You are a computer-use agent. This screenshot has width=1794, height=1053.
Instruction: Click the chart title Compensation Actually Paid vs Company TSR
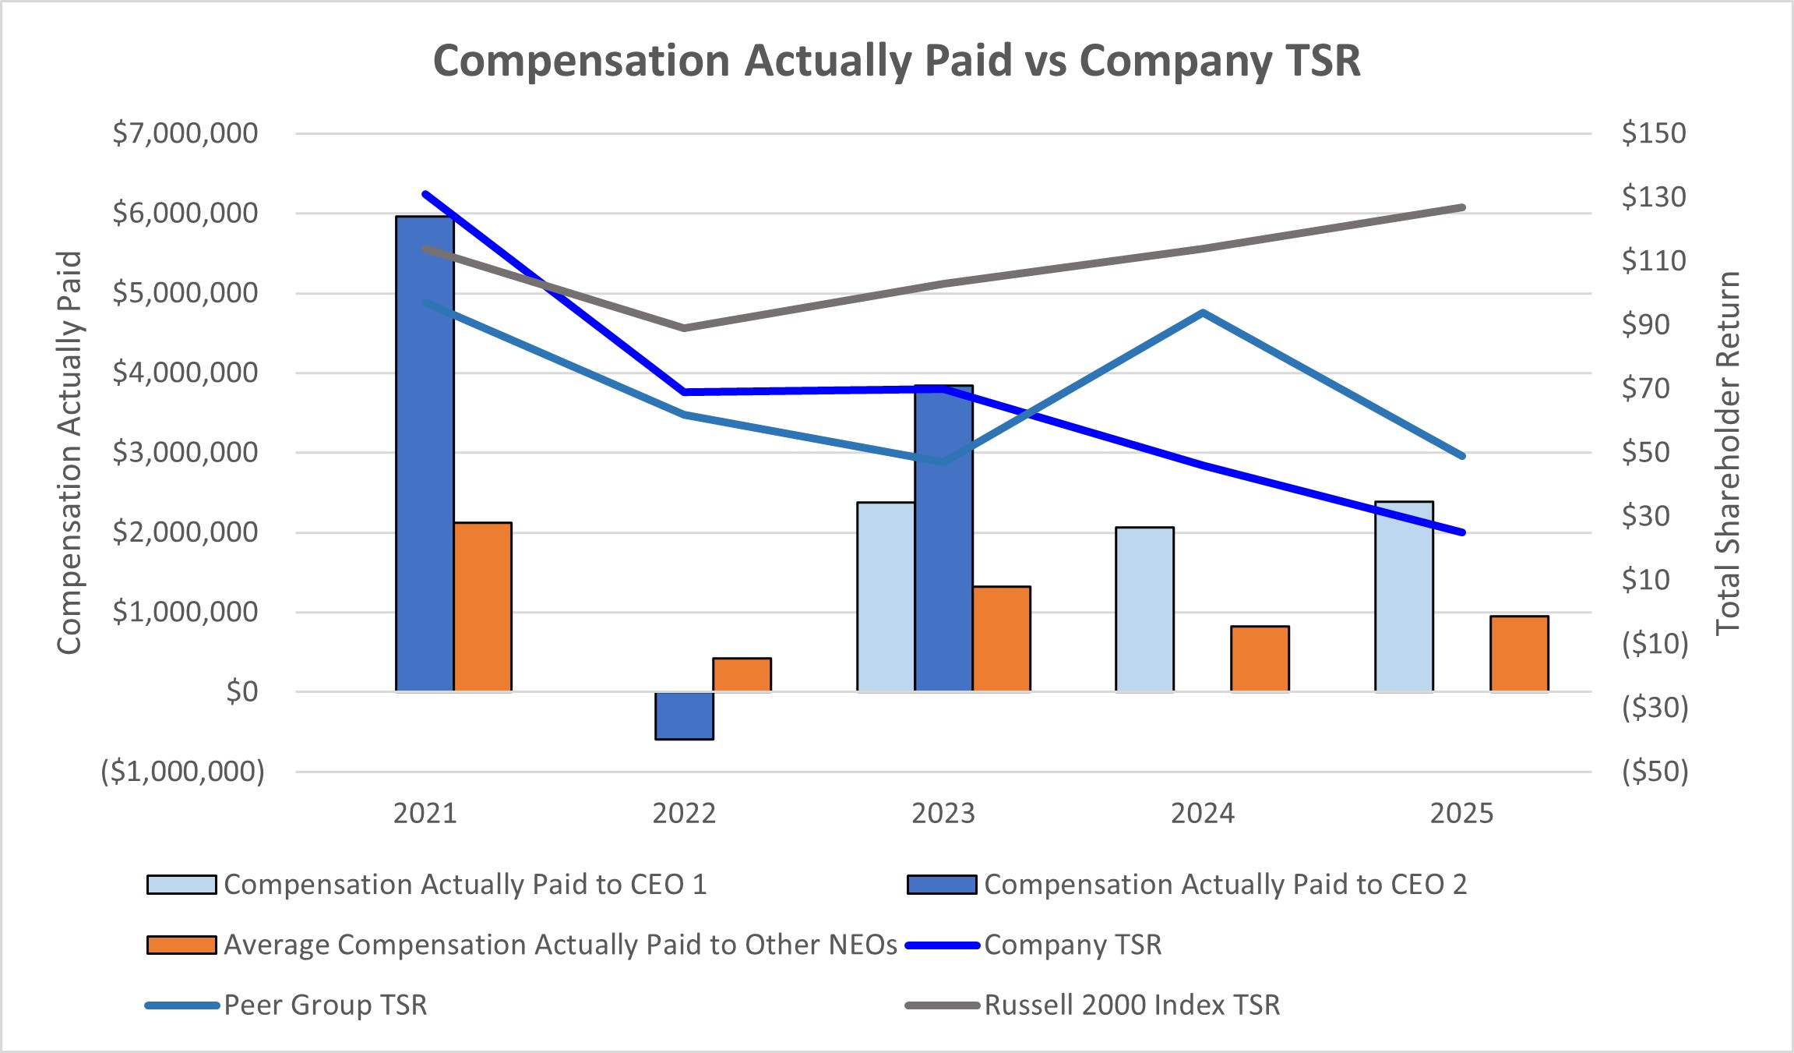click(897, 61)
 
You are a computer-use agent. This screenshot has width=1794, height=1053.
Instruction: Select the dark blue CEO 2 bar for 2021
click(425, 452)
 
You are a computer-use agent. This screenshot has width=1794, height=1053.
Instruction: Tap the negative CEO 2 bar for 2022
click(684, 716)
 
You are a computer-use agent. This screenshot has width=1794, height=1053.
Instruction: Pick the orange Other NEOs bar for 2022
click(742, 675)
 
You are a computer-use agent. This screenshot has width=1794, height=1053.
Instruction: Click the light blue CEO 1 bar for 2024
click(1144, 610)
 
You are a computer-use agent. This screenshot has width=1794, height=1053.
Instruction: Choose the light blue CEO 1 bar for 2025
click(1404, 596)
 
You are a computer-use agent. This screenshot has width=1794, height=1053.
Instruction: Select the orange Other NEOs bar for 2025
click(1519, 654)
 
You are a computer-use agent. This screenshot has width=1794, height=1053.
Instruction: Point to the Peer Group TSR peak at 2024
click(1203, 313)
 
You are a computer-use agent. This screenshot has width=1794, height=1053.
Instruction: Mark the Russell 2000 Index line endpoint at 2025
click(1462, 208)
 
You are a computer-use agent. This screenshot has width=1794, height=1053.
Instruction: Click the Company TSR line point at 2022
click(684, 392)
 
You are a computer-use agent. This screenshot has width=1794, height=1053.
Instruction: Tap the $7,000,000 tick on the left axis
click(185, 133)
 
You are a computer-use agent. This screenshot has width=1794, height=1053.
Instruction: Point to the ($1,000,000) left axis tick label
click(183, 772)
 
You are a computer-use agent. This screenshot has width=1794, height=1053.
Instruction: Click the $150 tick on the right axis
click(1653, 133)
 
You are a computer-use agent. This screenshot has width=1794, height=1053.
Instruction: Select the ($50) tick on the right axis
click(1655, 772)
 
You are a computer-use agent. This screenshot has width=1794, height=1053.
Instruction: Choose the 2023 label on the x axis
click(943, 814)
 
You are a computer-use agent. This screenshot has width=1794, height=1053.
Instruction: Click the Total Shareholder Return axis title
click(1728, 453)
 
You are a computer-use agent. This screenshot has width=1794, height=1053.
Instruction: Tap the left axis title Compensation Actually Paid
click(69, 453)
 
